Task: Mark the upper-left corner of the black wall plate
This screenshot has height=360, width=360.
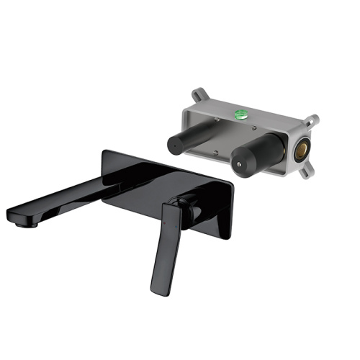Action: click(x=106, y=153)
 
